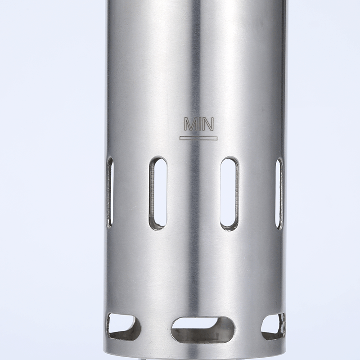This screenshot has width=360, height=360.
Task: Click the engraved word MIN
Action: [199, 124]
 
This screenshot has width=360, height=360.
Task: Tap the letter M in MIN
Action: [190, 124]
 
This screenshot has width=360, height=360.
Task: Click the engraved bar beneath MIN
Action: [198, 138]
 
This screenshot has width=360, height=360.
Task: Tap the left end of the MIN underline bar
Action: [180, 138]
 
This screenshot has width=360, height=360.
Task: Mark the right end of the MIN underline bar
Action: [217, 138]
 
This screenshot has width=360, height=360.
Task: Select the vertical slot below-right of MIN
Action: [229, 193]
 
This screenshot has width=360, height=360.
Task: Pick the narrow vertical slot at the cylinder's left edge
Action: [110, 193]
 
